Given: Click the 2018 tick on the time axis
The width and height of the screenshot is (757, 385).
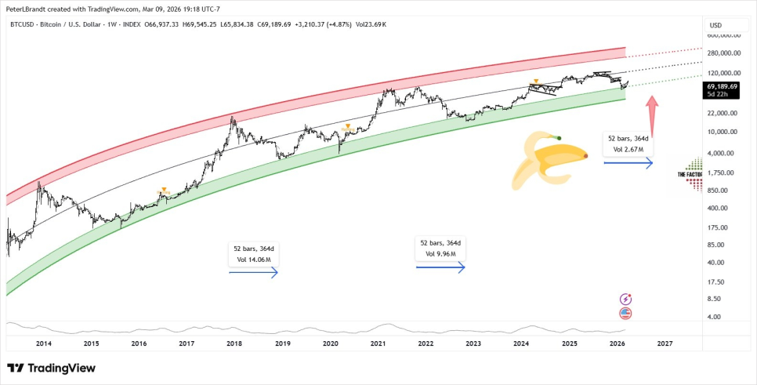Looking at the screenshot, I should pos(234,343).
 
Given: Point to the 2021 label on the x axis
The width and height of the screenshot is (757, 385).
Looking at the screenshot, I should pos(377,343).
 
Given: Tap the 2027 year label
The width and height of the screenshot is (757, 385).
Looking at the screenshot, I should pos(664,343).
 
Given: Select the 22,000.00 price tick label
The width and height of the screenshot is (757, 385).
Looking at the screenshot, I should pos(723,113).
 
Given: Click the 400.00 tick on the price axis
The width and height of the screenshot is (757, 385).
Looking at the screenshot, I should pos(718,208).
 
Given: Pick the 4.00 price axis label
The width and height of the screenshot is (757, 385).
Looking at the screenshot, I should pos(713,317).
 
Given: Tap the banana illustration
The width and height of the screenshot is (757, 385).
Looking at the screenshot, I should pos(548,162).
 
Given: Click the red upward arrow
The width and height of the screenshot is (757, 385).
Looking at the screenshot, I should pos(651,111).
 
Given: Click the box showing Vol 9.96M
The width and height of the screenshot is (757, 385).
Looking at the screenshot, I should pos(440,249).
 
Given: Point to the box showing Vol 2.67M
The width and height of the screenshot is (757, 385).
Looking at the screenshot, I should pos(628,143).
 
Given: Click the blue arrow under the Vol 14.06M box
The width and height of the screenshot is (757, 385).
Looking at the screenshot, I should pos(253,273).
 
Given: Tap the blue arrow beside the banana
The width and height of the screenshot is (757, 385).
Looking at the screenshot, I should pos(628,163).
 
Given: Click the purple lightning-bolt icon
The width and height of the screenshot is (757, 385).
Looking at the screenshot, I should pos(625,299).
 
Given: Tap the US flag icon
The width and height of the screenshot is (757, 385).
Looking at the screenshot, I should pos(625,314).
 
